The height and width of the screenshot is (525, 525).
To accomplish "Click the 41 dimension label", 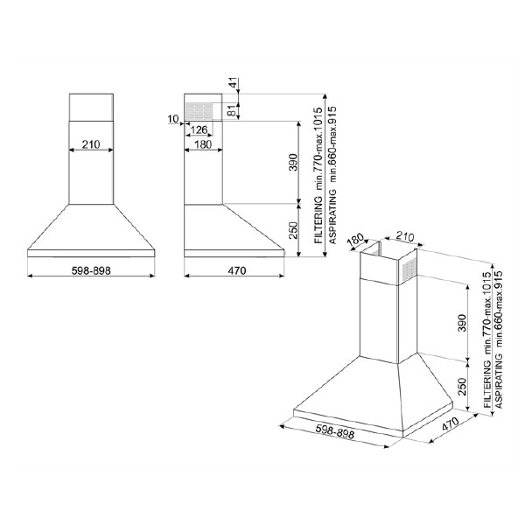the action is (x=234, y=82).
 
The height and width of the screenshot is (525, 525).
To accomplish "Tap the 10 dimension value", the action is (x=173, y=119).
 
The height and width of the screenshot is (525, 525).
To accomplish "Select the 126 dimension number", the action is (x=199, y=129).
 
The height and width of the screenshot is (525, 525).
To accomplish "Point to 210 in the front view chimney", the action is (x=91, y=144).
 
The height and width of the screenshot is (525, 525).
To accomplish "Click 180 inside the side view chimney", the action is (x=203, y=144).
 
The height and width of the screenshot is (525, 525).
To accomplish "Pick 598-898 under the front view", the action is (x=91, y=270).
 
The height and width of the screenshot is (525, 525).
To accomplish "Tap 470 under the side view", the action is (x=237, y=270).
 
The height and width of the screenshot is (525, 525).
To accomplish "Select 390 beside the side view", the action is (x=293, y=162).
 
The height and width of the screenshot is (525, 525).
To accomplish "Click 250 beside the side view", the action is (x=293, y=230).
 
